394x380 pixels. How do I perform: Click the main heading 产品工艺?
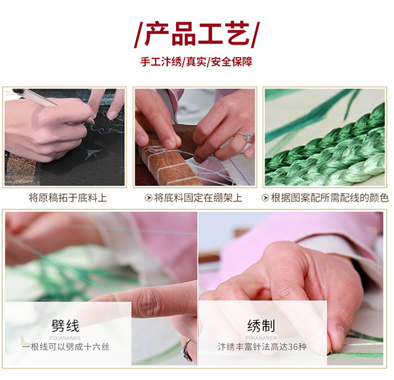coord(197,34)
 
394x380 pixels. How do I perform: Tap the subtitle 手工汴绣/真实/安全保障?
coord(196,62)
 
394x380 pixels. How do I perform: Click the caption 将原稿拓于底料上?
coord(68,198)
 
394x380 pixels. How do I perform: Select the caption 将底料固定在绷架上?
coord(198,198)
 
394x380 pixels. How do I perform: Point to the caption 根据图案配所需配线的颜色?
coord(330,198)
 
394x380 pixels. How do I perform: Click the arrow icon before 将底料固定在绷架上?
coord(148,198)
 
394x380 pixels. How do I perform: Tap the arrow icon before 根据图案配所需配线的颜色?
coord(265,198)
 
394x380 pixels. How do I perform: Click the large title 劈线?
coord(65,326)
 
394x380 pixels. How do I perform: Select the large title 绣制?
coord(261,326)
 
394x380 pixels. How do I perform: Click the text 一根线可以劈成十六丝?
coord(66,347)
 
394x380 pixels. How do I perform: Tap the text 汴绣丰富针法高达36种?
coord(262,347)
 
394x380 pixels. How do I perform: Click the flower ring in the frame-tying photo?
coord(244,137)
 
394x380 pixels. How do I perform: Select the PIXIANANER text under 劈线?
coord(65,338)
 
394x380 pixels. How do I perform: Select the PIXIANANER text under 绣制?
coord(261,338)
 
